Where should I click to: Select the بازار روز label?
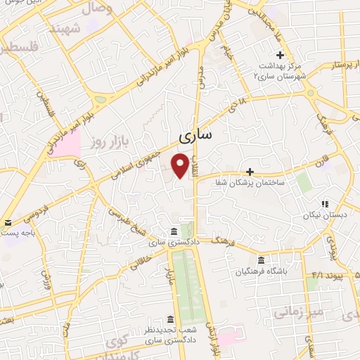107,143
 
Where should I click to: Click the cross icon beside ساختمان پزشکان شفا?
250,172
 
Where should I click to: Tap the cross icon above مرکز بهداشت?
280,55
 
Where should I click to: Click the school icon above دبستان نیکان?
324,203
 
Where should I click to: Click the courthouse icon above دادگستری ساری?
174,231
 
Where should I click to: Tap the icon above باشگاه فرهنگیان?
261,259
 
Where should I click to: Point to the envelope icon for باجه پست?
7,223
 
